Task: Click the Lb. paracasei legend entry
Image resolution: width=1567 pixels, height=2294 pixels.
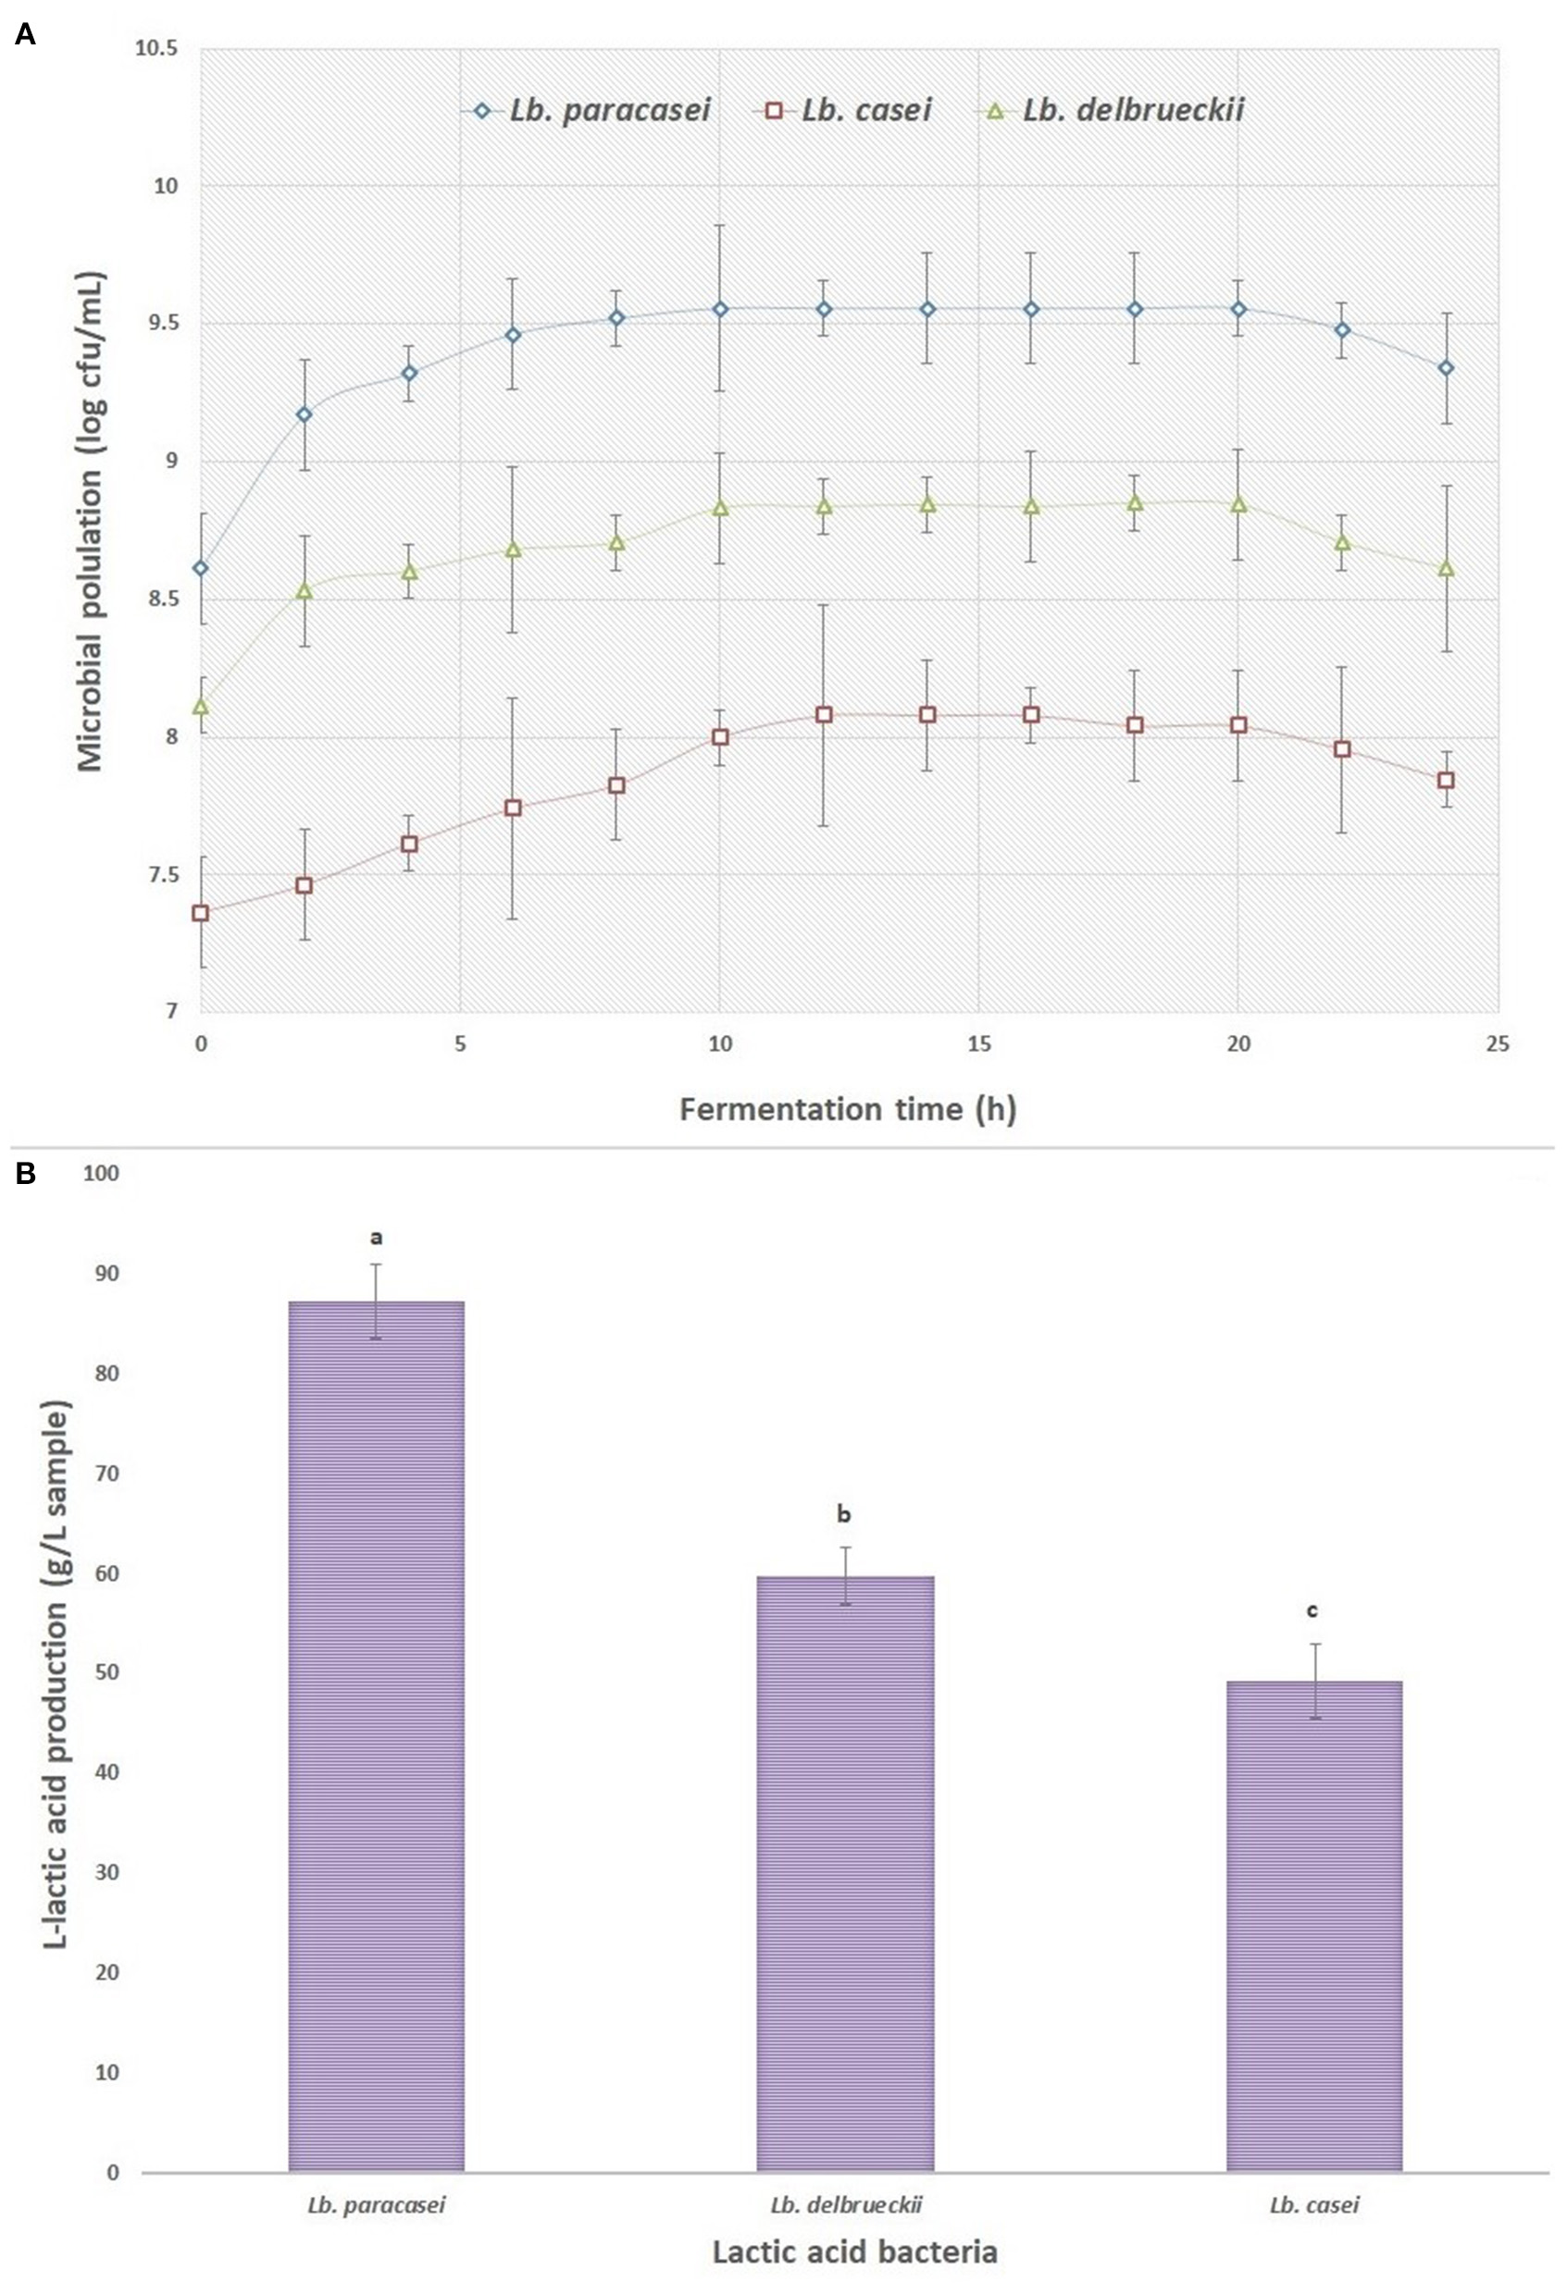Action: pos(588,111)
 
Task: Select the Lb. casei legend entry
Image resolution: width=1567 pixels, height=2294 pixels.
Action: pos(844,111)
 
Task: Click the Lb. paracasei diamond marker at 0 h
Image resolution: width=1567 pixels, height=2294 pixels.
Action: pos(201,569)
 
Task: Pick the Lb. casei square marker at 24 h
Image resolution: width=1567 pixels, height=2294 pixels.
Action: pos(1447,780)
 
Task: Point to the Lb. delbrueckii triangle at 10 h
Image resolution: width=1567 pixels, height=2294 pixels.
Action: pos(720,508)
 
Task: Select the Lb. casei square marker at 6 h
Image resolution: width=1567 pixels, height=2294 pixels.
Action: pos(513,808)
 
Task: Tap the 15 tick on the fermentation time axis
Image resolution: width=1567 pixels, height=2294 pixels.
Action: pos(978,1043)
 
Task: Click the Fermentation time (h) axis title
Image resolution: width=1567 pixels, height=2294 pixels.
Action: pos(847,1109)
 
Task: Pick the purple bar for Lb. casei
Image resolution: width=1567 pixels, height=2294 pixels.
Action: pos(1314,1925)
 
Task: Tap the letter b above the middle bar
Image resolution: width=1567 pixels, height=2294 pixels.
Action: pos(843,1514)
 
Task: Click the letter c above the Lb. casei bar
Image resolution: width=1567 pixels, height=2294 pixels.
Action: pos(1312,1611)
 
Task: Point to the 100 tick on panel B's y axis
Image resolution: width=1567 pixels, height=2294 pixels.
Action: pos(102,1174)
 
